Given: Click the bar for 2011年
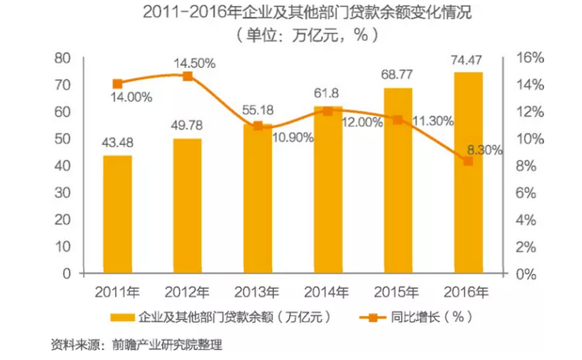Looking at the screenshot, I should (x=118, y=214).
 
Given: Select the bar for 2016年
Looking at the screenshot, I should (x=468, y=173).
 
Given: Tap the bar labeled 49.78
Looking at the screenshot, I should (x=187, y=205).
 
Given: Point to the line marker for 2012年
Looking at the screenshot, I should (x=188, y=77).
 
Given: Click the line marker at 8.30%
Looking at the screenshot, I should (x=468, y=161).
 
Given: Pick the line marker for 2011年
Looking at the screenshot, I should (x=118, y=84).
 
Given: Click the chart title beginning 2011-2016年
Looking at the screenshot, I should (x=307, y=13).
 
